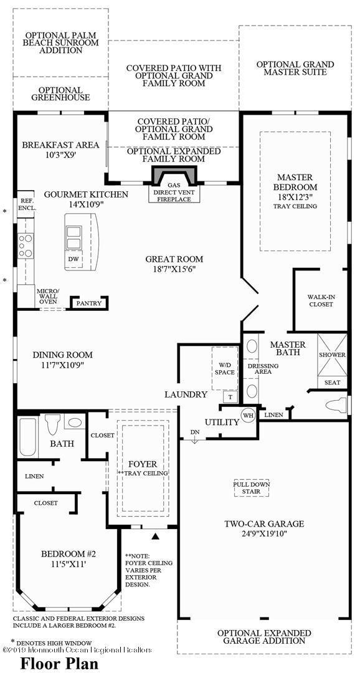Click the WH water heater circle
[249, 415]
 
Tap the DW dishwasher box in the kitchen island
[73, 258]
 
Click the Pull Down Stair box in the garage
[251, 488]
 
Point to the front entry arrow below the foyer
[156, 535]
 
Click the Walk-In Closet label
[321, 301]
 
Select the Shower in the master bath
[332, 355]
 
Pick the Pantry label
[88, 303]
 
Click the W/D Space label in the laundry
[224, 368]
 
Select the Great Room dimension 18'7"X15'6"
[174, 269]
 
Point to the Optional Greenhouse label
[60, 94]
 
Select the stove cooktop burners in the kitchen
[26, 246]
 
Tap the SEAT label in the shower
[331, 382]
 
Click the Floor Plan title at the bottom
[59, 663]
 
